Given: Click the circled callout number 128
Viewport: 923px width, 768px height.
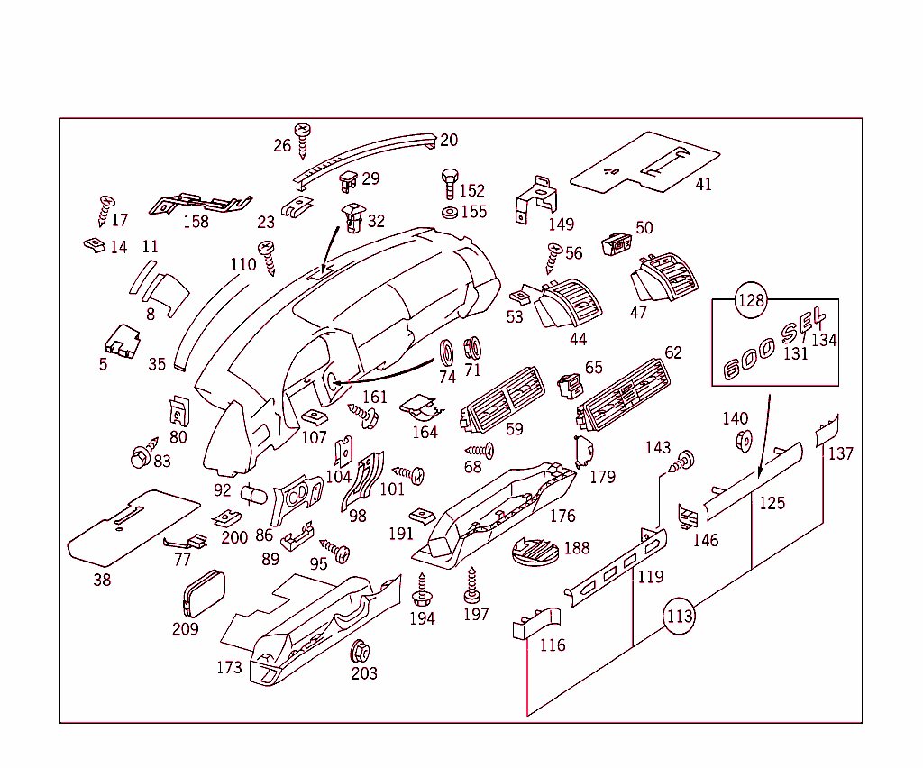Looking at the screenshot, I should pyautogui.click(x=752, y=300).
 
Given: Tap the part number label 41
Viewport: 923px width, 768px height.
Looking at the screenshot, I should pyautogui.click(x=703, y=184).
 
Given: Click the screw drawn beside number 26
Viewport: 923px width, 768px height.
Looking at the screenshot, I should pyautogui.click(x=303, y=139).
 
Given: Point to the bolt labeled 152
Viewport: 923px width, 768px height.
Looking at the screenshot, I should pyautogui.click(x=448, y=185).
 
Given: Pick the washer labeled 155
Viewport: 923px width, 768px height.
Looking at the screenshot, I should pyautogui.click(x=449, y=213).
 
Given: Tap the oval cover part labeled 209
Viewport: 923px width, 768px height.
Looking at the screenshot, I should pyautogui.click(x=202, y=594).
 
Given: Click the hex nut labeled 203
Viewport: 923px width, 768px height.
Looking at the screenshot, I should pyautogui.click(x=361, y=650).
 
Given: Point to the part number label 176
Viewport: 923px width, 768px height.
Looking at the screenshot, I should pyautogui.click(x=562, y=516).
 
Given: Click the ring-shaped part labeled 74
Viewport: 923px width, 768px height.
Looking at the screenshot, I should pyautogui.click(x=445, y=352).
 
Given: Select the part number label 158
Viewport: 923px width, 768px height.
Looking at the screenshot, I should pyautogui.click(x=196, y=222).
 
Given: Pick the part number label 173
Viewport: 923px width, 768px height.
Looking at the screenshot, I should pyautogui.click(x=229, y=667).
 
